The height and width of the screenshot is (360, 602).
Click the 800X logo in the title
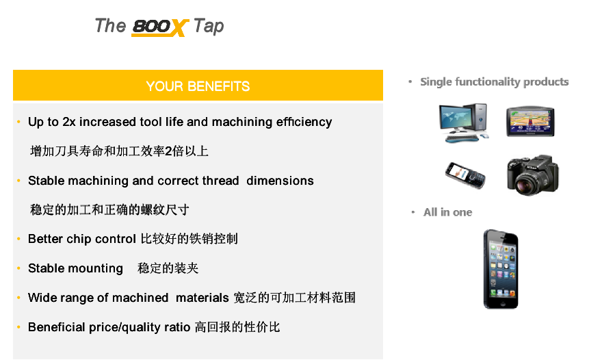(x=159, y=27)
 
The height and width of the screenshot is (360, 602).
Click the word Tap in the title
(x=209, y=26)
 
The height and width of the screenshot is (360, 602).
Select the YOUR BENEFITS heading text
(x=198, y=86)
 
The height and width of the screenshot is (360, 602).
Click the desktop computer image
(x=464, y=123)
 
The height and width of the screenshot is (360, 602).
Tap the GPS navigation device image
(x=530, y=121)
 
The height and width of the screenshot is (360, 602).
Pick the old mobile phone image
(x=465, y=175)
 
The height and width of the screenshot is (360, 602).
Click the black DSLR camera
(x=533, y=175)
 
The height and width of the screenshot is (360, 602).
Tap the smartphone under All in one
(x=501, y=269)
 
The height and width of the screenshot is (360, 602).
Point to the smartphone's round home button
(x=501, y=302)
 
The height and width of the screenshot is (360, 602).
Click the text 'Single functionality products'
(x=494, y=82)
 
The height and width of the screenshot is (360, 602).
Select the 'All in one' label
(x=447, y=212)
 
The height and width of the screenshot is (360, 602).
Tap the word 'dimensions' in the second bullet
(x=280, y=181)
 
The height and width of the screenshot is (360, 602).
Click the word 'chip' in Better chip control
(x=79, y=239)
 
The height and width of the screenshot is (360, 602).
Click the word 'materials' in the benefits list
(x=202, y=298)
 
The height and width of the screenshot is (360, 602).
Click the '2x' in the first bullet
(x=69, y=122)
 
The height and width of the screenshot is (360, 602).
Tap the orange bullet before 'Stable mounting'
(x=18, y=268)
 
